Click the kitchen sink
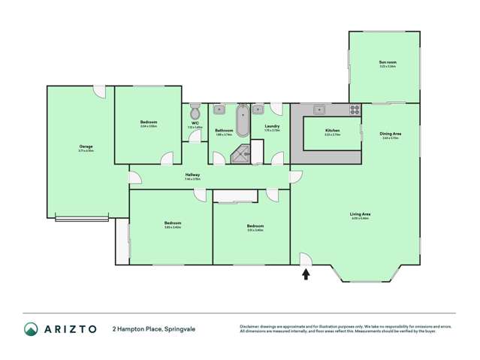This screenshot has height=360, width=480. click(318, 110)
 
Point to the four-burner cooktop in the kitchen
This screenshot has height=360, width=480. click(354, 110)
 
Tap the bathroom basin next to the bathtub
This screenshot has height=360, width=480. click(219, 110)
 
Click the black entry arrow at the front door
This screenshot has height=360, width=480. click(306, 274)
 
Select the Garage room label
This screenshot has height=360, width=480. click(86, 147)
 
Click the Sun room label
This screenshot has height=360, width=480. click(388, 62)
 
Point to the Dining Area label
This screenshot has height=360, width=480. click(391, 134)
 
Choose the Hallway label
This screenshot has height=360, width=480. click(192, 174)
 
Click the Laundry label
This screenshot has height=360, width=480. click(272, 126)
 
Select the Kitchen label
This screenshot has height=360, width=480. click(332, 131)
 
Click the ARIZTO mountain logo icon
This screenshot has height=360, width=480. click(31, 329)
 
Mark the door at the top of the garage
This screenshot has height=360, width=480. click(98, 89)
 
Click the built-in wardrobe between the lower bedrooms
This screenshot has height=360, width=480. click(235, 196)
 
